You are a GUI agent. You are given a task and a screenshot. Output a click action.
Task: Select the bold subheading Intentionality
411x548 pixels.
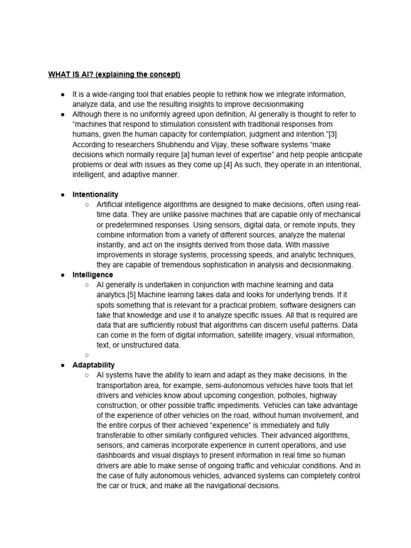click(x=95, y=194)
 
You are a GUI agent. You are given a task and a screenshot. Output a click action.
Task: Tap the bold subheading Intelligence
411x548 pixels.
click(x=93, y=275)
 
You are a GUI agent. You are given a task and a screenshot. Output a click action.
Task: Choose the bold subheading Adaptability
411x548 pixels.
click(x=94, y=365)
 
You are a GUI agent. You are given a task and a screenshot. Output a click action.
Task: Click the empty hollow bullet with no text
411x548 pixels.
click(x=87, y=355)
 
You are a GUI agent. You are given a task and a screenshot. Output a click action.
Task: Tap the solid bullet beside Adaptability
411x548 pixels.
click(x=63, y=365)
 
